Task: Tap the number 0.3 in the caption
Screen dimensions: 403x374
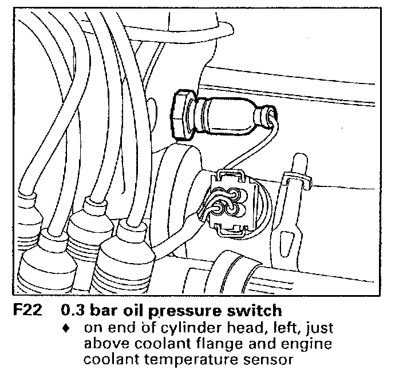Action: (72, 311)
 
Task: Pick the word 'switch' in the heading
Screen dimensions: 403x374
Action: (252, 311)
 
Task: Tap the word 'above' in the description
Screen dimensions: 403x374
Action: (104, 345)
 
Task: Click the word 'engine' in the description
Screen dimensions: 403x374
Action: (310, 346)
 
